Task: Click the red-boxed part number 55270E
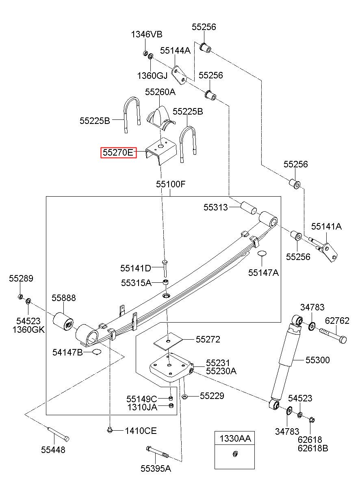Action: (118, 152)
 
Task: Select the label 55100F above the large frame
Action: (171, 184)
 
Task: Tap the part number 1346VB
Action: (147, 35)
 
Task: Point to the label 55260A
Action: (160, 92)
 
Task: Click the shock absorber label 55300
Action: (318, 360)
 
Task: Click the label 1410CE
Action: (141, 431)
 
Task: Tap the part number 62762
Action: (337, 321)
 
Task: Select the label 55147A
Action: (263, 273)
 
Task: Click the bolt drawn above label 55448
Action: (58, 434)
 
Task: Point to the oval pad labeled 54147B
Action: (97, 352)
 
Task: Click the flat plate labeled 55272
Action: (168, 342)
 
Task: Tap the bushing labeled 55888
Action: (63, 321)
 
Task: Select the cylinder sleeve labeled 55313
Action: (249, 208)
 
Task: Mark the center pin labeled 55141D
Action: (165, 268)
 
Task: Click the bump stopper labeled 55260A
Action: (161, 118)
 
